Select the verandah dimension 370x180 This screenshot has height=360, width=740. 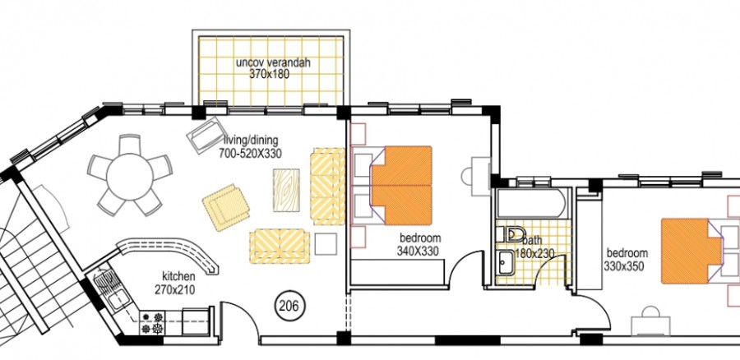tap(269, 74)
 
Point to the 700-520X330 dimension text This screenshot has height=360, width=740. tap(251, 154)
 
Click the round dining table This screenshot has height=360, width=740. tap(129, 173)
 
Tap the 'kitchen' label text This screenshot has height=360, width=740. tap(178, 278)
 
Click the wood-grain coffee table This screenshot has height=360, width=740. tap(287, 190)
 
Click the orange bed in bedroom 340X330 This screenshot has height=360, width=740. tap(401, 186)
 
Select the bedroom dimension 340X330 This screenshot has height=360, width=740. tap(418, 252)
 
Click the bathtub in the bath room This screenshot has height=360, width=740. tap(530, 203)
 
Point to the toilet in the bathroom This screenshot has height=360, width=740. tap(512, 234)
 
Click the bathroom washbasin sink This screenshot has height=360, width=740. tap(505, 263)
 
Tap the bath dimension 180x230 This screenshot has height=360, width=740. tap(535, 253)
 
